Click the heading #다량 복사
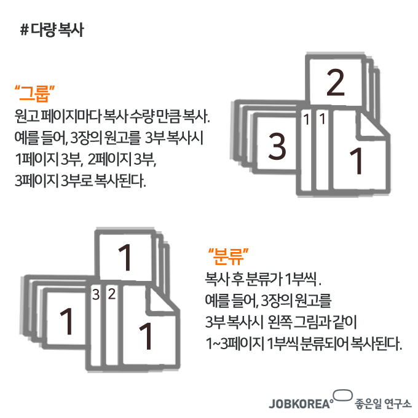click(52, 30)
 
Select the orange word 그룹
click(34, 93)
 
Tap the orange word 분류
click(229, 256)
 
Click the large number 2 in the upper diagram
click(336, 82)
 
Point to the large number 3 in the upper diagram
click(277, 146)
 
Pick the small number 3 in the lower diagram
click(96, 295)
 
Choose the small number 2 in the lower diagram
click(112, 294)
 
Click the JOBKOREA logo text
click(300, 404)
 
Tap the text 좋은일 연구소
click(383, 404)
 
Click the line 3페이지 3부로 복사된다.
click(81, 181)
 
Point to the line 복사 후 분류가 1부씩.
click(263, 279)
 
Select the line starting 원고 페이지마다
click(112, 117)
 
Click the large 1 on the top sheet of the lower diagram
click(125, 258)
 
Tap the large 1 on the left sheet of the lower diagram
click(66, 321)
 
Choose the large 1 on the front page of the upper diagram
click(356, 161)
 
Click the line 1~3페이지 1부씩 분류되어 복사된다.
click(304, 344)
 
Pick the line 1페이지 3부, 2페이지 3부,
click(85, 159)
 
